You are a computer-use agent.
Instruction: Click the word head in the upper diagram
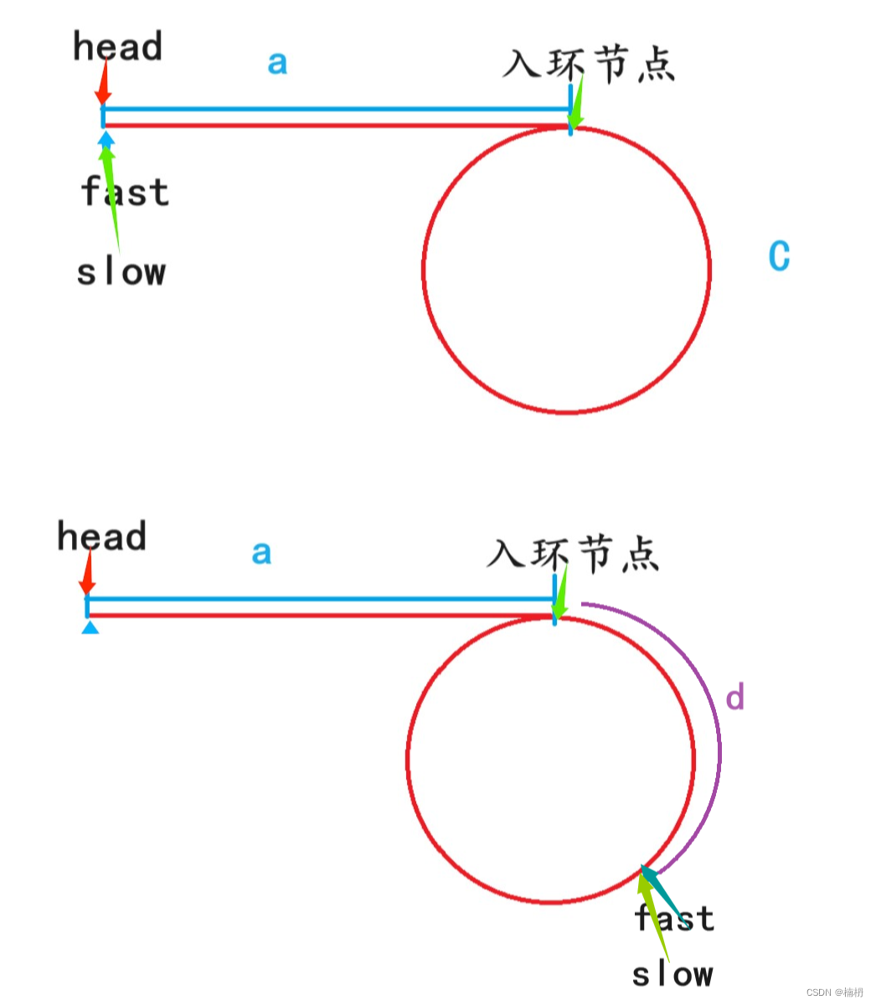[x=117, y=47]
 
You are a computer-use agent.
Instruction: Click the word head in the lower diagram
[x=101, y=537]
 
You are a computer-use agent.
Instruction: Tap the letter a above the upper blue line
[x=277, y=63]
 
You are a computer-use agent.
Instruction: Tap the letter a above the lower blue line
[x=261, y=553]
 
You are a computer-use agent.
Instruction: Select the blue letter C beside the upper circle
[x=779, y=256]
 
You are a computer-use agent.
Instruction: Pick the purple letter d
[x=734, y=698]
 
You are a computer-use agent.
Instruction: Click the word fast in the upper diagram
[x=126, y=192]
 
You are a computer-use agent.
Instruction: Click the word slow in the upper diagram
[x=121, y=272]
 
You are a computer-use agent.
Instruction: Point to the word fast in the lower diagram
[x=675, y=919]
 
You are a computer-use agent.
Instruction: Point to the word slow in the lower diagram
[x=672, y=975]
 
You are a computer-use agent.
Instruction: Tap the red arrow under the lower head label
[x=87, y=576]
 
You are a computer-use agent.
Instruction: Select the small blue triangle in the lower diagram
[x=90, y=627]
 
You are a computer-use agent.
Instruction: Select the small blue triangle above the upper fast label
[x=106, y=137]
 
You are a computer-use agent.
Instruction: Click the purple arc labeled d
[x=716, y=737]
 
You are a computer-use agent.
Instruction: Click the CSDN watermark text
[x=834, y=992]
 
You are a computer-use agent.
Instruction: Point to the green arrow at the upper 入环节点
[x=576, y=105]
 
